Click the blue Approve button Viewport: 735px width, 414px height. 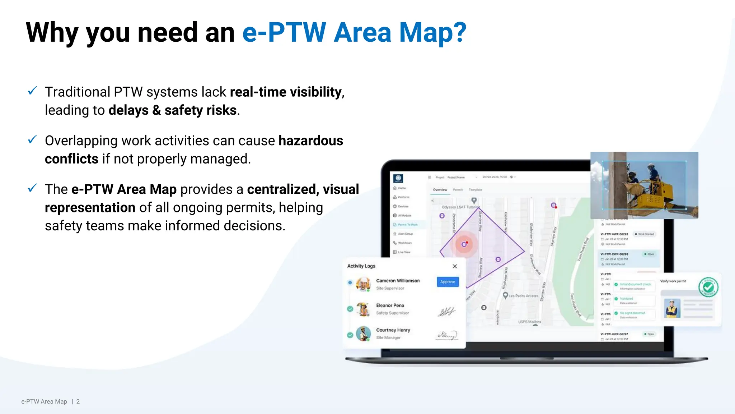(448, 282)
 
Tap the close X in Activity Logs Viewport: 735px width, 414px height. (455, 266)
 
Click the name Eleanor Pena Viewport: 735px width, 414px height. (390, 305)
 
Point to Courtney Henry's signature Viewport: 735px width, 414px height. (446, 335)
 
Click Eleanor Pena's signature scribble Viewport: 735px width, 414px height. (446, 312)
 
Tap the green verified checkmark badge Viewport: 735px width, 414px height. (708, 287)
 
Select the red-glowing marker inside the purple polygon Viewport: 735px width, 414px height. (464, 244)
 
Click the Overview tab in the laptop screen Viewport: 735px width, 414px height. (440, 190)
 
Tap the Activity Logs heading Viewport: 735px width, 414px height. (361, 266)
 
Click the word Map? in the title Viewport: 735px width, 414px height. (432, 32)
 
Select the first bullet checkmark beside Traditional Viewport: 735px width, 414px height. (32, 91)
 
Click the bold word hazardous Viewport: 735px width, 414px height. (311, 141)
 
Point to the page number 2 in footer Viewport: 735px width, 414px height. (78, 401)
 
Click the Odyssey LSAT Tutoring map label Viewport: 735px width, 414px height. (460, 207)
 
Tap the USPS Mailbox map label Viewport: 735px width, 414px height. (529, 322)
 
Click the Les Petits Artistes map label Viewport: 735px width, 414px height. (524, 296)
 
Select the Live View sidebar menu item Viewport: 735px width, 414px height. (404, 252)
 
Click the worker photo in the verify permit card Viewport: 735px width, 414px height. (672, 308)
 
